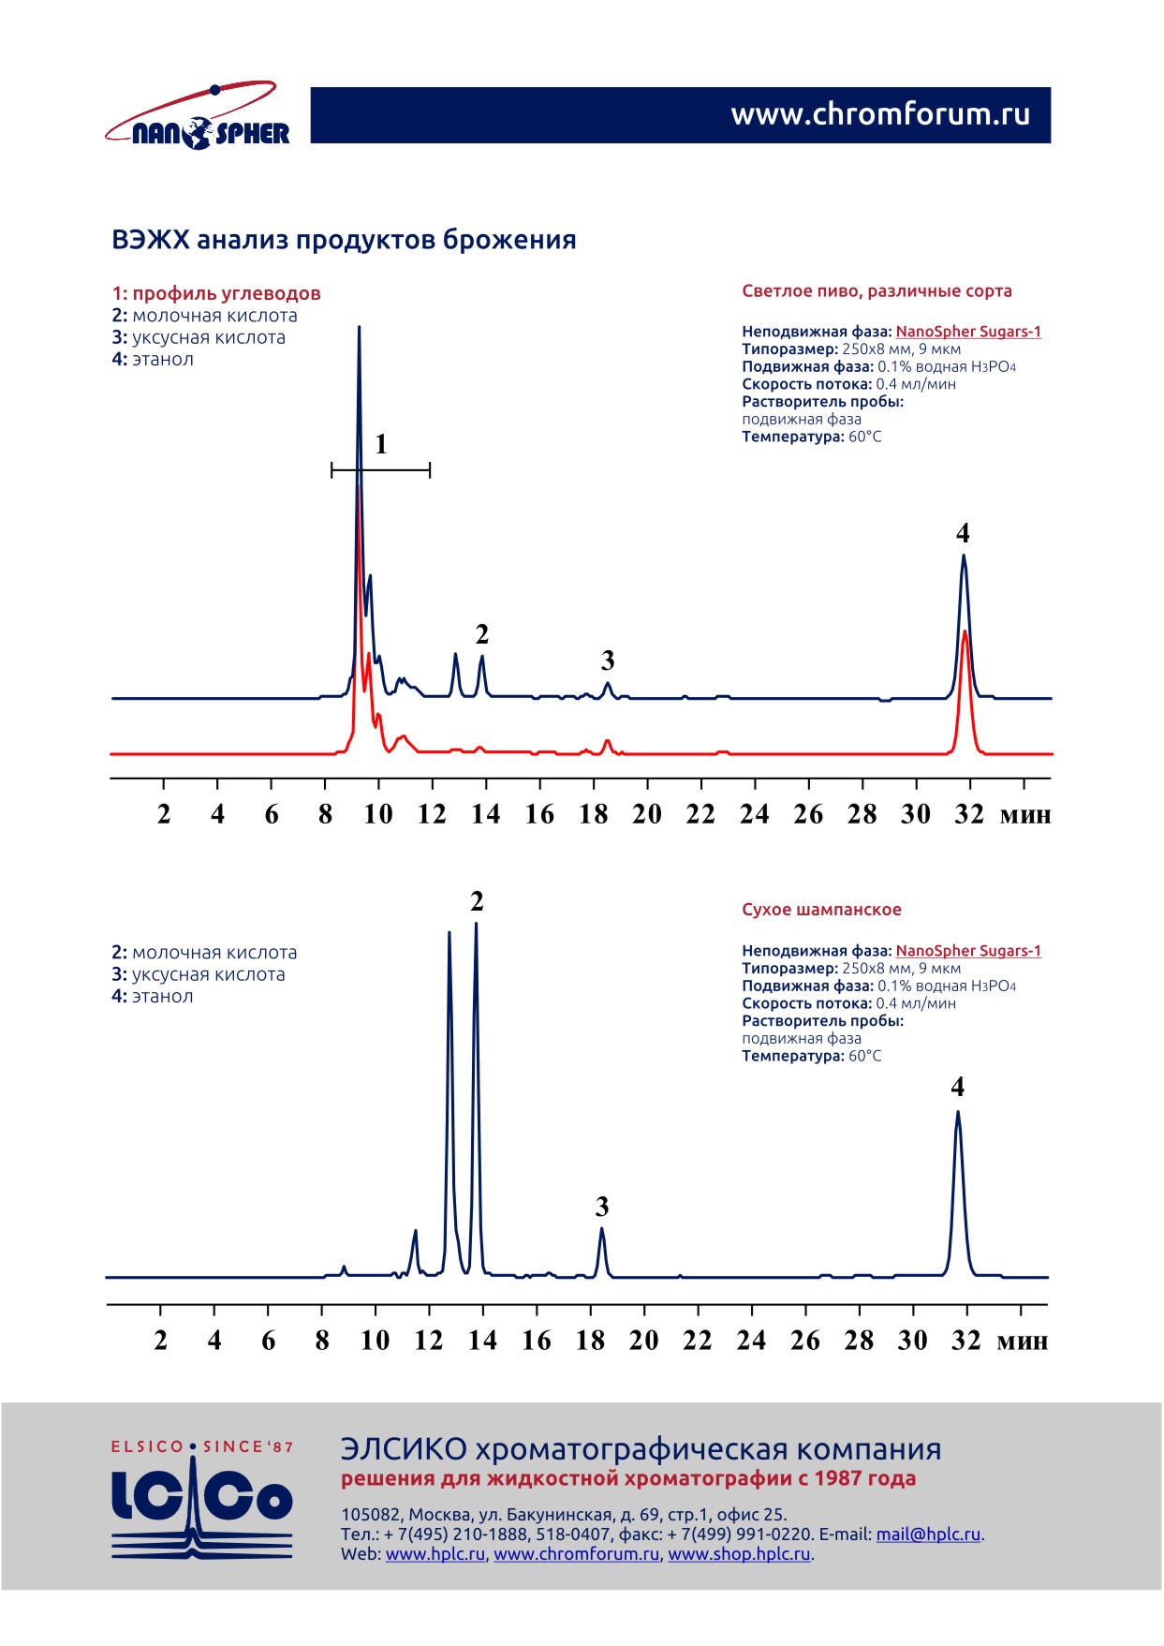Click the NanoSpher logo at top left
(x=199, y=116)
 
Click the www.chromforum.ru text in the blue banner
(x=879, y=114)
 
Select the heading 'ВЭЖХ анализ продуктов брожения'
(x=344, y=240)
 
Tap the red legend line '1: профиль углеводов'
(x=216, y=293)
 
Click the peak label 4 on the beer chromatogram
(x=963, y=533)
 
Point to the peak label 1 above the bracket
(x=381, y=444)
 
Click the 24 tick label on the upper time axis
(x=754, y=814)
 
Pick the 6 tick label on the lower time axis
(x=269, y=1341)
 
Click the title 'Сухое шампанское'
(x=821, y=910)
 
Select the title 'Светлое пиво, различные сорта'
(x=877, y=291)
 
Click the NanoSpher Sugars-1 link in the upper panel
(x=968, y=332)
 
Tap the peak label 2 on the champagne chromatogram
(x=477, y=901)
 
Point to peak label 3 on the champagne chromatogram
(x=602, y=1207)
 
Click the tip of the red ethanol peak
(x=965, y=632)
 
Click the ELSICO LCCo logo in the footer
(x=202, y=1501)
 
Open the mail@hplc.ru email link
(x=928, y=1534)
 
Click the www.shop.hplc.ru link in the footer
(x=739, y=1553)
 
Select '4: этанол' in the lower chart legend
(x=153, y=996)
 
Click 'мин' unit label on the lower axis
(x=1022, y=1341)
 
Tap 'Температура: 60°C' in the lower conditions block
(x=811, y=1056)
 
